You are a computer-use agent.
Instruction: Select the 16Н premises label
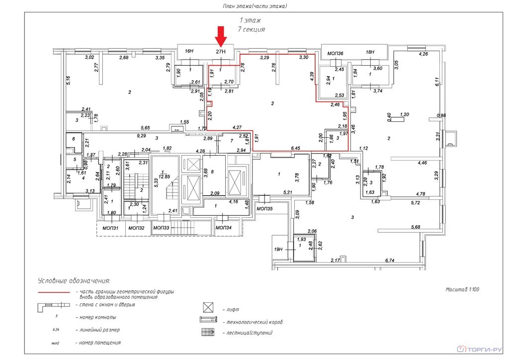click(x=188, y=51)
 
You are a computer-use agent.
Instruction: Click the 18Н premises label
click(x=369, y=52)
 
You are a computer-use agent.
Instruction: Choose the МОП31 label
click(x=110, y=228)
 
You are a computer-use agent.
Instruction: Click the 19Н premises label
click(x=278, y=250)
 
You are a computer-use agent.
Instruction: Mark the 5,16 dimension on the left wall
click(x=68, y=80)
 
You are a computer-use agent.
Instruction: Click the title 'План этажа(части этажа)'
click(x=255, y=6)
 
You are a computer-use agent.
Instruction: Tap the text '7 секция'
click(x=251, y=29)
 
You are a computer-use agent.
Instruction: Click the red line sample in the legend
click(x=54, y=292)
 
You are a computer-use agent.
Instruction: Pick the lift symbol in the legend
click(x=208, y=307)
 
